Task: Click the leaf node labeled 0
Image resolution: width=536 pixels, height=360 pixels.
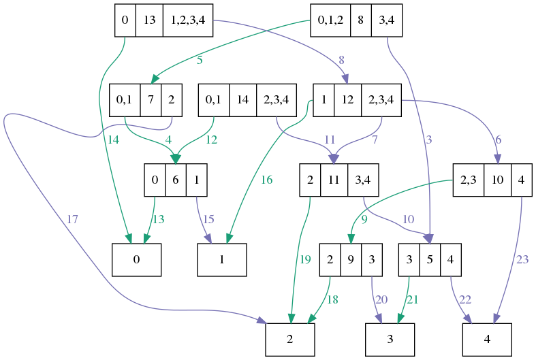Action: pyautogui.click(x=136, y=260)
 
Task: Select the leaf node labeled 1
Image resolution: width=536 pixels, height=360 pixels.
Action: pyautogui.click(x=222, y=260)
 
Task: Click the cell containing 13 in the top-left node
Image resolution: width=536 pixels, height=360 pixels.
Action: pyautogui.click(x=149, y=20)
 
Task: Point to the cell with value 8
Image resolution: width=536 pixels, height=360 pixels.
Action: pyautogui.click(x=360, y=20)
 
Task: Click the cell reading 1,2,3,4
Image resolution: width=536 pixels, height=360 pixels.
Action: pyautogui.click(x=187, y=20)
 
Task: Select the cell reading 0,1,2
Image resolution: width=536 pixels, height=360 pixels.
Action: pyautogui.click(x=330, y=20)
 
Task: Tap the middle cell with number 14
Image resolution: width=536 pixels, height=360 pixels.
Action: pyautogui.click(x=242, y=100)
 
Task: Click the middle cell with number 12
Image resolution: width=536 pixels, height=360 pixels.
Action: pyautogui.click(x=348, y=100)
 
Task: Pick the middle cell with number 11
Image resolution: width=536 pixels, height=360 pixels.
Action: pyautogui.click(x=334, y=180)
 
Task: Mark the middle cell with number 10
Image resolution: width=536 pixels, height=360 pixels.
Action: pyautogui.click(x=497, y=180)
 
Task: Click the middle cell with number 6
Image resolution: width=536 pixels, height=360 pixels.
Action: pyautogui.click(x=176, y=180)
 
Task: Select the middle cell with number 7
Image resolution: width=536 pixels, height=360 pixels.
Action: pyautogui.click(x=151, y=100)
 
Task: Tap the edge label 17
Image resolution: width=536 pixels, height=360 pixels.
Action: pyautogui.click(x=73, y=220)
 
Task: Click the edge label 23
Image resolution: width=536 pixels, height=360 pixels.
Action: pyautogui.click(x=522, y=259)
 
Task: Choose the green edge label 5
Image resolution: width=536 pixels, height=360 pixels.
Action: pyautogui.click(x=200, y=60)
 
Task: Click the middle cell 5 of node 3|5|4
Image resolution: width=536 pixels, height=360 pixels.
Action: pyautogui.click(x=430, y=260)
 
